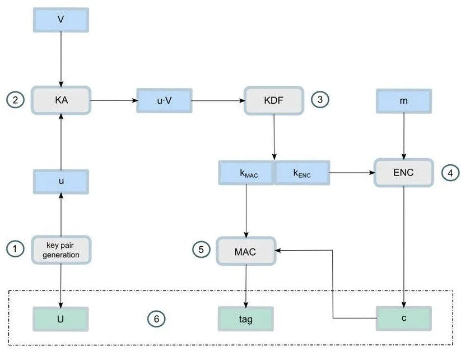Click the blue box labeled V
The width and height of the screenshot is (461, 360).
[x=61, y=20]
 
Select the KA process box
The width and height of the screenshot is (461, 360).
[x=61, y=100]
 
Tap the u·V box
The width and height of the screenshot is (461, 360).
[x=164, y=101]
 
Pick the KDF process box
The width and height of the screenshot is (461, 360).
[x=274, y=101]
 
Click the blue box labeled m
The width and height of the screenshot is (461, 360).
[x=404, y=101]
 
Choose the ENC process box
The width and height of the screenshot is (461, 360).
[x=404, y=173]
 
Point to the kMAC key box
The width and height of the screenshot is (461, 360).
[x=246, y=173]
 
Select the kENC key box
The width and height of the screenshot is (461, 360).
[x=302, y=173]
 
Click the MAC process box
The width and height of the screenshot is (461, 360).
[x=246, y=251]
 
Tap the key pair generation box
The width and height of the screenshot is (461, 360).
[x=61, y=250]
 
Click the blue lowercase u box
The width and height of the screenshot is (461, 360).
[x=61, y=182]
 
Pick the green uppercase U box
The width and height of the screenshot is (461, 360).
[x=60, y=319]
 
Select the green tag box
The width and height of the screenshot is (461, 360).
[x=246, y=319]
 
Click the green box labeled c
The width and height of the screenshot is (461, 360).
[x=404, y=319]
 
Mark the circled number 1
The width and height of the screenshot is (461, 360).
[x=15, y=249]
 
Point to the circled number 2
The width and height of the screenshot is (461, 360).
[x=15, y=100]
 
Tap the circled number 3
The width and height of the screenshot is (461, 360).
[x=320, y=99]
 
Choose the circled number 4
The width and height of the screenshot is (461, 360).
[x=451, y=173]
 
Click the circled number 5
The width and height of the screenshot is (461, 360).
[x=202, y=250]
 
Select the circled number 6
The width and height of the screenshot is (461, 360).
[x=156, y=319]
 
